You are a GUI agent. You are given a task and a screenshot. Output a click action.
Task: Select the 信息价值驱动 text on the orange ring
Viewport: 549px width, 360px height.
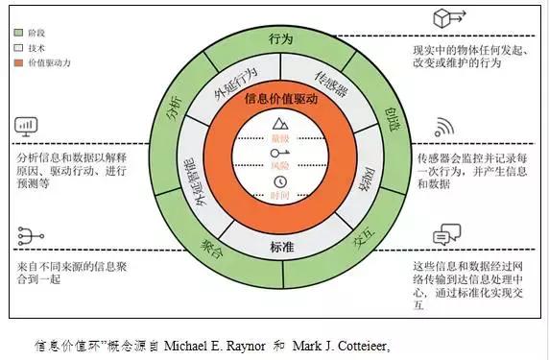(280, 99)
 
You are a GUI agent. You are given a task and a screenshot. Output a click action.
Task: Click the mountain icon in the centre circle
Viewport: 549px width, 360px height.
(280, 125)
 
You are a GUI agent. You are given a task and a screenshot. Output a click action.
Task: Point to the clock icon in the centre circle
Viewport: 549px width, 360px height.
(280, 182)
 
